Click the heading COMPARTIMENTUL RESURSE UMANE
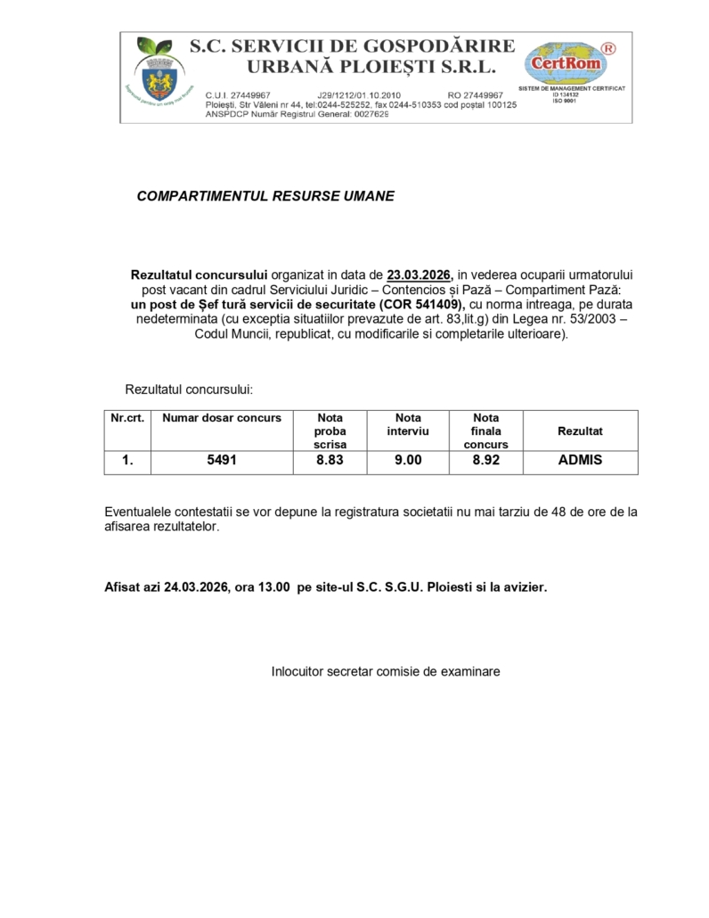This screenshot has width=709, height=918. pos(265,195)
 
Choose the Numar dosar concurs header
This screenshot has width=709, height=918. pos(222,418)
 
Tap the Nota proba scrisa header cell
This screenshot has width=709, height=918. pos(330,430)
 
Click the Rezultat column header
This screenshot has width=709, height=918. pos(580,431)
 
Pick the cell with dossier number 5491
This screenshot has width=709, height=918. pos(222,462)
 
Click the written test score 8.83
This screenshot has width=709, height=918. pos(330,462)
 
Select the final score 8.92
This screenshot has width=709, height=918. pos(485,462)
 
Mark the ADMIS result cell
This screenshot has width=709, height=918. pos(580,462)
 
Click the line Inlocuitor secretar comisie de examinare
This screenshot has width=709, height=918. pos(386,671)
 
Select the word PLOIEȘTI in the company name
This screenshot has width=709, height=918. pos(397,67)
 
